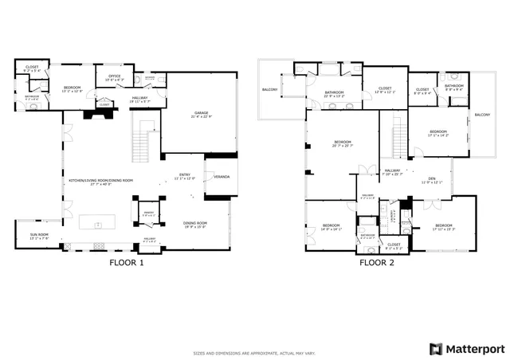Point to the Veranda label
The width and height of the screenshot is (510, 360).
click(222, 177)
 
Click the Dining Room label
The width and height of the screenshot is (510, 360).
click(194, 225)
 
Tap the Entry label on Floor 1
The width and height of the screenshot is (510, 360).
click(185, 174)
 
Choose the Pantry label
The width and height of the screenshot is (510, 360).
click(148, 213)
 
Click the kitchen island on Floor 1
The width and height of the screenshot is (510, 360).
click(104, 220)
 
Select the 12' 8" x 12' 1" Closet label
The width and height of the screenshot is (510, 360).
click(384, 90)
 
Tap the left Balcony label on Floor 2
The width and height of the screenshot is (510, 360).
click(269, 90)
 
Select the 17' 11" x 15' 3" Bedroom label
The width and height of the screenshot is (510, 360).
click(442, 227)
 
